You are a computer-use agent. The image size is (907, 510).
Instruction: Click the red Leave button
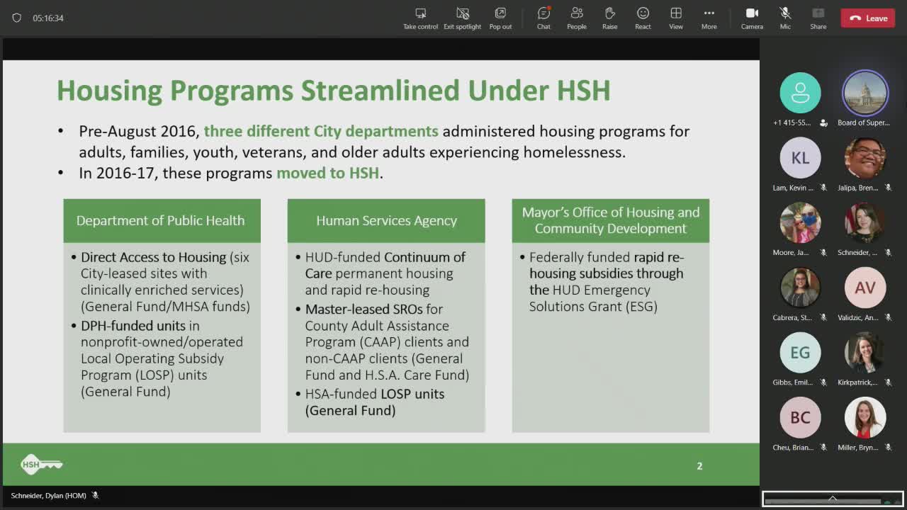[x=868, y=18]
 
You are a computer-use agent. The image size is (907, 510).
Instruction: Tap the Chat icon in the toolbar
[x=543, y=18]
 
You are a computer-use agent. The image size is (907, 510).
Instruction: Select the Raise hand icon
[x=609, y=18]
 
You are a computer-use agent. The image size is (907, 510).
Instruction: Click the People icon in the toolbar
[x=576, y=18]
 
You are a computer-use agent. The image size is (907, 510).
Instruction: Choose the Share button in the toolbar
[x=818, y=18]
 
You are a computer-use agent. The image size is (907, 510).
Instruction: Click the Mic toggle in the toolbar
[x=785, y=18]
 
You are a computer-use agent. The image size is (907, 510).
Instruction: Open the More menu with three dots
[x=709, y=18]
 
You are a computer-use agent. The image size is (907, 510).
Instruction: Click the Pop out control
[x=500, y=18]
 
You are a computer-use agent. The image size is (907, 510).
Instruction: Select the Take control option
[x=420, y=18]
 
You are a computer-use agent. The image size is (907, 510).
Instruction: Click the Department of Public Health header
[x=161, y=220]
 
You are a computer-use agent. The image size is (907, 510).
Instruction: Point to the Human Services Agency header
[x=386, y=220]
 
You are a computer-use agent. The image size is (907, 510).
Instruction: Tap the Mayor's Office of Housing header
[x=610, y=220]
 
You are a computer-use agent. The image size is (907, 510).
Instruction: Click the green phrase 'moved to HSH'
[x=327, y=173]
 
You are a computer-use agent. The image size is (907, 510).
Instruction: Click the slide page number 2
[x=699, y=465]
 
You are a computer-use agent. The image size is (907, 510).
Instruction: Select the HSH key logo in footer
[x=41, y=465]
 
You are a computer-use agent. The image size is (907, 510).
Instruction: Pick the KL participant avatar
[x=800, y=157]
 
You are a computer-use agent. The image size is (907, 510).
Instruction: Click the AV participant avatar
[x=864, y=288]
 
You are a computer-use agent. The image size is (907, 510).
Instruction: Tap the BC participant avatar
[x=800, y=417]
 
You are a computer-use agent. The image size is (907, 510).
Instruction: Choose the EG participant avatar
[x=800, y=352]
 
